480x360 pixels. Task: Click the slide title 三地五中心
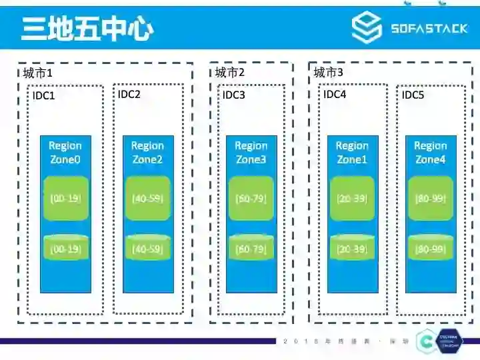pyautogui.click(x=87, y=29)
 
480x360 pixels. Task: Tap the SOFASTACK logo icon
pyautogui.click(x=367, y=29)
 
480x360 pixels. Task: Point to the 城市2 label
pyautogui.click(x=230, y=73)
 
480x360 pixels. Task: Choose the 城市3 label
pyautogui.click(x=329, y=73)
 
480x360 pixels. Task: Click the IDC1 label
pyautogui.click(x=44, y=96)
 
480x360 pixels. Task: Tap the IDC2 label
pyautogui.click(x=129, y=94)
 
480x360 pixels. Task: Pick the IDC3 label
pyautogui.click(x=234, y=95)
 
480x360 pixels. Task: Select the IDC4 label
pyautogui.click(x=335, y=94)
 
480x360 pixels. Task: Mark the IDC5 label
pyautogui.click(x=413, y=95)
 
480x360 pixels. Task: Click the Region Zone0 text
pyautogui.click(x=65, y=153)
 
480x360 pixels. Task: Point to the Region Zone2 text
pyautogui.click(x=147, y=153)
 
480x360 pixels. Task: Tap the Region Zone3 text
pyautogui.click(x=251, y=153)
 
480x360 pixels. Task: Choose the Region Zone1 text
pyautogui.click(x=352, y=153)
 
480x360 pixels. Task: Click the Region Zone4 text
pyautogui.click(x=431, y=153)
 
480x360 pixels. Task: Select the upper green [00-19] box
pyautogui.click(x=65, y=198)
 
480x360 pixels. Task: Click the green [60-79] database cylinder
pyautogui.click(x=251, y=248)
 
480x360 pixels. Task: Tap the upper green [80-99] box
pyautogui.click(x=431, y=198)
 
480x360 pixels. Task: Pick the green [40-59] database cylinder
pyautogui.click(x=147, y=248)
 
